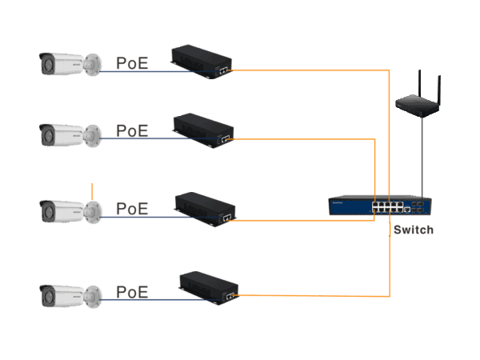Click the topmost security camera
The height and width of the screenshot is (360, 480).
pyautogui.click(x=70, y=64)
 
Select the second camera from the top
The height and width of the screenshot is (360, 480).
pyautogui.click(x=70, y=134)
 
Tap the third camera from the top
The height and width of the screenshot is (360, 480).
pyautogui.click(x=70, y=211)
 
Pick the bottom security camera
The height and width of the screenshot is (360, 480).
pyautogui.click(x=70, y=296)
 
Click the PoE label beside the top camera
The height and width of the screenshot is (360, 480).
pyautogui.click(x=132, y=62)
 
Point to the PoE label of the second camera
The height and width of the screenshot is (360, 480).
pyautogui.click(x=132, y=130)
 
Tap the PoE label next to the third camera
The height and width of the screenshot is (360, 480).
pyautogui.click(x=132, y=208)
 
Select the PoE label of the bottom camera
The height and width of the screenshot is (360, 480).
pyautogui.click(x=132, y=292)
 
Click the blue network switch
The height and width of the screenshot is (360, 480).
pyautogui.click(x=380, y=206)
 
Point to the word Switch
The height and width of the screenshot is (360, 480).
pyautogui.click(x=413, y=230)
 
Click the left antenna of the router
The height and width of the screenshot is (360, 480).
pyautogui.click(x=406, y=81)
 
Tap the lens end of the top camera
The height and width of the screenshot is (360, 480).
pyautogui.click(x=46, y=64)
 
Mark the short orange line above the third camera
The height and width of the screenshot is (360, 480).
pyautogui.click(x=93, y=192)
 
